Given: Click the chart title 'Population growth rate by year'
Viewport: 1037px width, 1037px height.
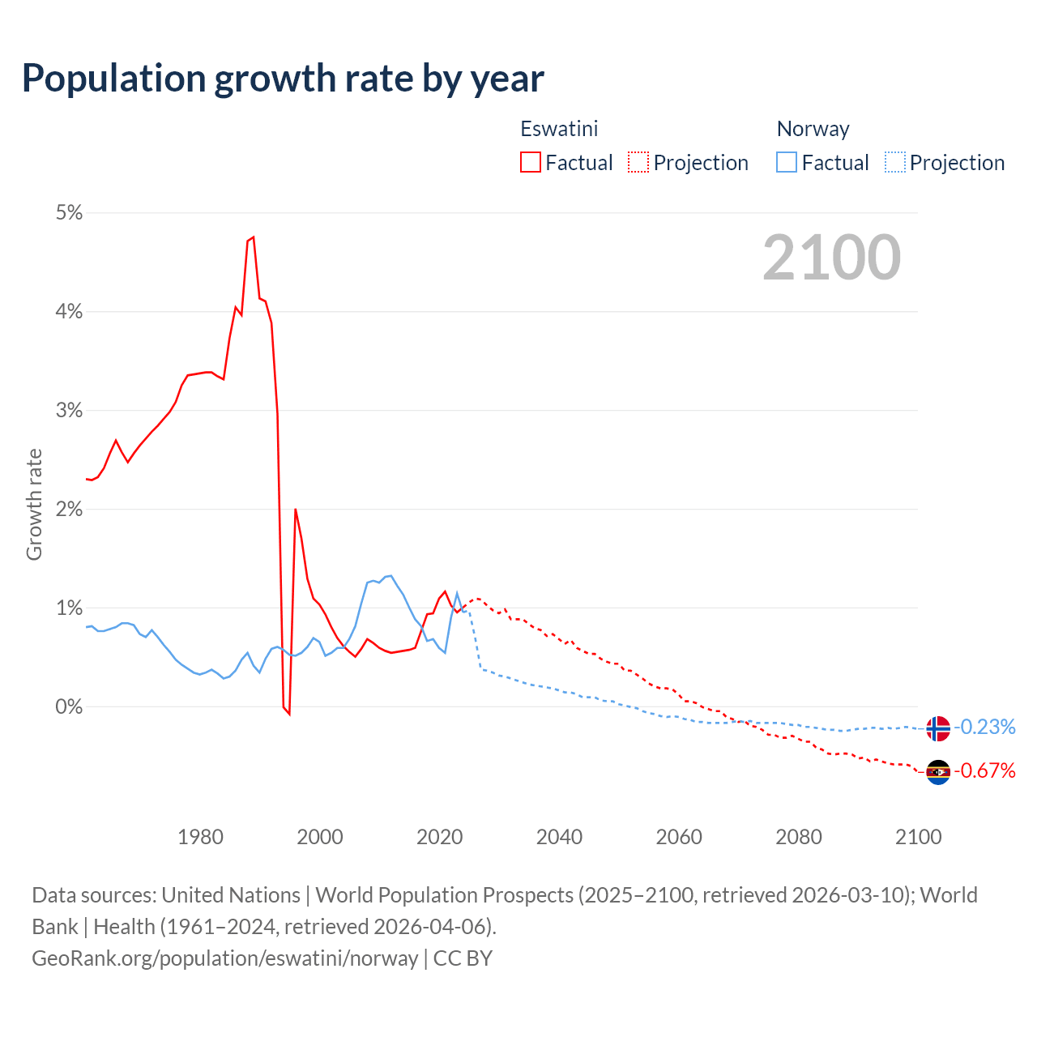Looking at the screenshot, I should pyautogui.click(x=283, y=79).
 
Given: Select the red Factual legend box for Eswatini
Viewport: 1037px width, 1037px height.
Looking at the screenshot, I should pyautogui.click(x=531, y=162).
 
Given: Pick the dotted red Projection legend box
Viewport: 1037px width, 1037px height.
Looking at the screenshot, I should pyautogui.click(x=638, y=162).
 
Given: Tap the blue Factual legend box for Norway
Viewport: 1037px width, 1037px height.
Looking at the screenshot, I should pyautogui.click(x=787, y=162).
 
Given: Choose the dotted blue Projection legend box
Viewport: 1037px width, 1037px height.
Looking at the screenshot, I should pyautogui.click(x=894, y=162).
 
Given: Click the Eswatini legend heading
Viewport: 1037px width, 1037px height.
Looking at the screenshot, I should pyautogui.click(x=559, y=129).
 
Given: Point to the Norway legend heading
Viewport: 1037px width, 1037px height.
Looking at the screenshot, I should pyautogui.click(x=813, y=129).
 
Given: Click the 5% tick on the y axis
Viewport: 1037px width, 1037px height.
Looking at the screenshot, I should pyautogui.click(x=70, y=213).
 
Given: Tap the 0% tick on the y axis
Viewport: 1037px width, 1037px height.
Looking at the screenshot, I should pyautogui.click(x=70, y=706).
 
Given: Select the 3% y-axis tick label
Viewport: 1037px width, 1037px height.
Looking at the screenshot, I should pyautogui.click(x=70, y=411).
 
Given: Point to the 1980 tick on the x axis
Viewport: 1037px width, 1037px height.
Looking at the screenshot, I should pyautogui.click(x=200, y=837).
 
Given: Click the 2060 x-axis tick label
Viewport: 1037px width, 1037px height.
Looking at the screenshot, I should pyautogui.click(x=679, y=837).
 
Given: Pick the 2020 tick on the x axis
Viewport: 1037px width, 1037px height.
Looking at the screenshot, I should pyautogui.click(x=439, y=837).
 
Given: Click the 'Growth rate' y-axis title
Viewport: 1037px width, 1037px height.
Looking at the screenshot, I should pyautogui.click(x=34, y=504).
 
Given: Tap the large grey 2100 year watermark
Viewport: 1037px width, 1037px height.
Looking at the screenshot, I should pyautogui.click(x=831, y=258).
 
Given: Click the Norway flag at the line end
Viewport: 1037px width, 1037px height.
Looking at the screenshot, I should pyautogui.click(x=937, y=728).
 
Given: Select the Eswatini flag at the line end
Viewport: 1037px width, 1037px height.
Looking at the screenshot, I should pyautogui.click(x=937, y=772).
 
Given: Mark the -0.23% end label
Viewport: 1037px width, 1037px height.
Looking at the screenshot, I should pyautogui.click(x=984, y=727).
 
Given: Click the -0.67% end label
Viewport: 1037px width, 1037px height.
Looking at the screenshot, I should pyautogui.click(x=984, y=770).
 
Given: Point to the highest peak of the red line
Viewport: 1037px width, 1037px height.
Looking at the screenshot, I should pyautogui.click(x=254, y=237).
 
